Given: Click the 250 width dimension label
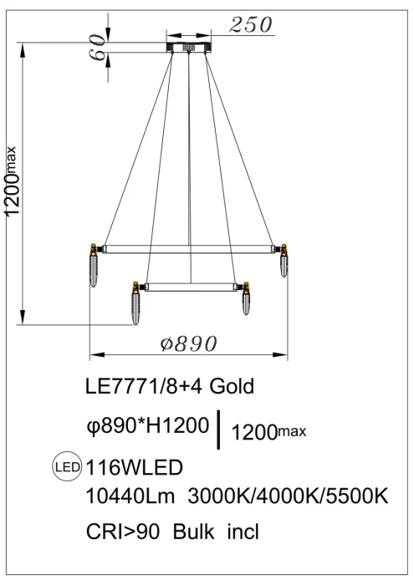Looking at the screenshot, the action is coord(250,25).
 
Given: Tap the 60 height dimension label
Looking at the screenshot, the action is coord(97,47).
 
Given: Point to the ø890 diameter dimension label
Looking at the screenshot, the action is coord(188,343).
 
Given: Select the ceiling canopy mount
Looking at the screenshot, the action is coord(188,48).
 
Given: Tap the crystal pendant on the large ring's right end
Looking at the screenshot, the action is coord(284,260).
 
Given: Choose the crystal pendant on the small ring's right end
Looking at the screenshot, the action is coord(246,298).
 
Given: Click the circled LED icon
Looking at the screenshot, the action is coord(67,466).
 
